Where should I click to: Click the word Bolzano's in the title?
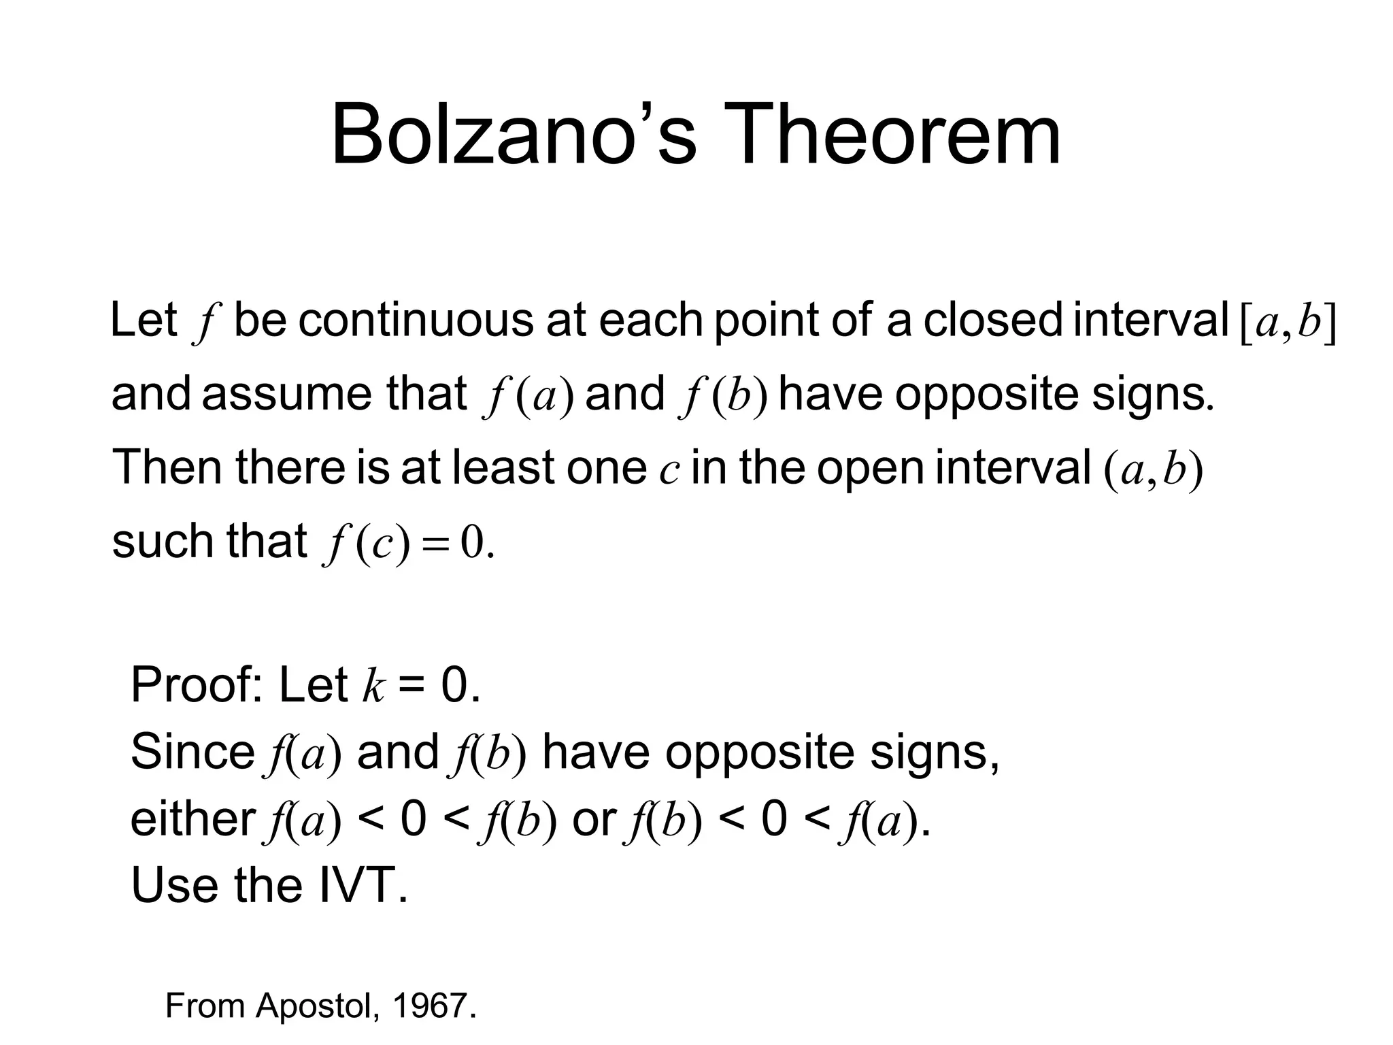pyautogui.click(x=514, y=134)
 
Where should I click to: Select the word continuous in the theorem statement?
pyautogui.click(x=416, y=320)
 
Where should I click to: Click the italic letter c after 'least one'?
pyautogui.click(x=669, y=471)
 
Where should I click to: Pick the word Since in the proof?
pyautogui.click(x=192, y=752)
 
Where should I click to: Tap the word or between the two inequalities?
pyautogui.click(x=594, y=820)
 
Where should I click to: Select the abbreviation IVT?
pyautogui.click(x=363, y=885)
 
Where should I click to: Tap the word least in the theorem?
pyautogui.click(x=504, y=467)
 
